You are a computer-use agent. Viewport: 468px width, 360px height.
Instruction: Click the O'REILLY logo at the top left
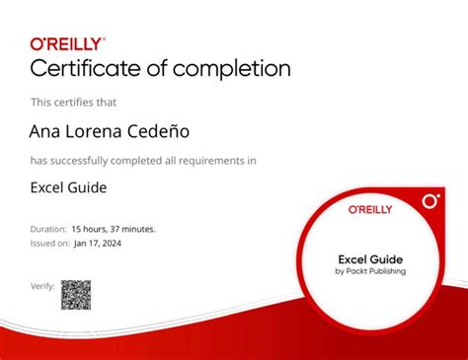(67, 43)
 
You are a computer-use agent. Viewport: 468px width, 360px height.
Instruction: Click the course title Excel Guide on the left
(68, 187)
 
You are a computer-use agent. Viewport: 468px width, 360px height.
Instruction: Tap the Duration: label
(49, 229)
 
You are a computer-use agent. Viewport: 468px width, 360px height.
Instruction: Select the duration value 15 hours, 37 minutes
(115, 229)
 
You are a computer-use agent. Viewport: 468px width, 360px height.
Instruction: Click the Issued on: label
(50, 242)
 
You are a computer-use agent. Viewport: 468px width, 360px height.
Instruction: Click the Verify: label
(41, 286)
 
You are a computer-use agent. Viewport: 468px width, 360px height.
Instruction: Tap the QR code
(76, 294)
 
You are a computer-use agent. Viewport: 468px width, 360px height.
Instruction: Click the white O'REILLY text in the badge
(370, 209)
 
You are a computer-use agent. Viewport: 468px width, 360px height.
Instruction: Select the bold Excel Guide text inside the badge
(370, 259)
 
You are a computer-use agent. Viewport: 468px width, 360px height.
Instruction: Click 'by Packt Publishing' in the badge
(370, 271)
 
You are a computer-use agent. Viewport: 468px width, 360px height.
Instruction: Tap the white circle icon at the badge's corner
(429, 200)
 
